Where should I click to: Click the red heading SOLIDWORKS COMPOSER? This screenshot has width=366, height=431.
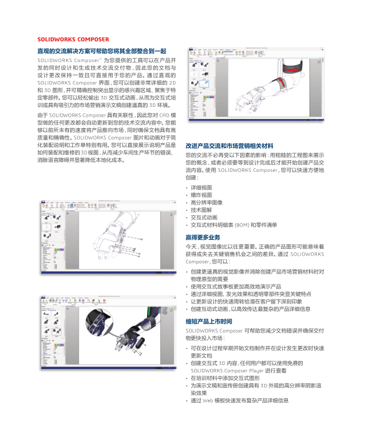click(73, 40)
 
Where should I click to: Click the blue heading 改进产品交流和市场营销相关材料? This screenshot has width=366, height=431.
click(229, 145)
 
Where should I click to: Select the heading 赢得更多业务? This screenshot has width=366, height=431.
click(203, 237)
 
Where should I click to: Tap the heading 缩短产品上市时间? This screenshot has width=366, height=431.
click(209, 321)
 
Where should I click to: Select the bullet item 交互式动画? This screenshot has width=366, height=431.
click(204, 217)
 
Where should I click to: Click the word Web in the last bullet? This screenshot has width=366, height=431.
click(206, 400)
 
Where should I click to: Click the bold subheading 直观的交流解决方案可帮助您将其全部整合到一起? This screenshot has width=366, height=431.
click(102, 51)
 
